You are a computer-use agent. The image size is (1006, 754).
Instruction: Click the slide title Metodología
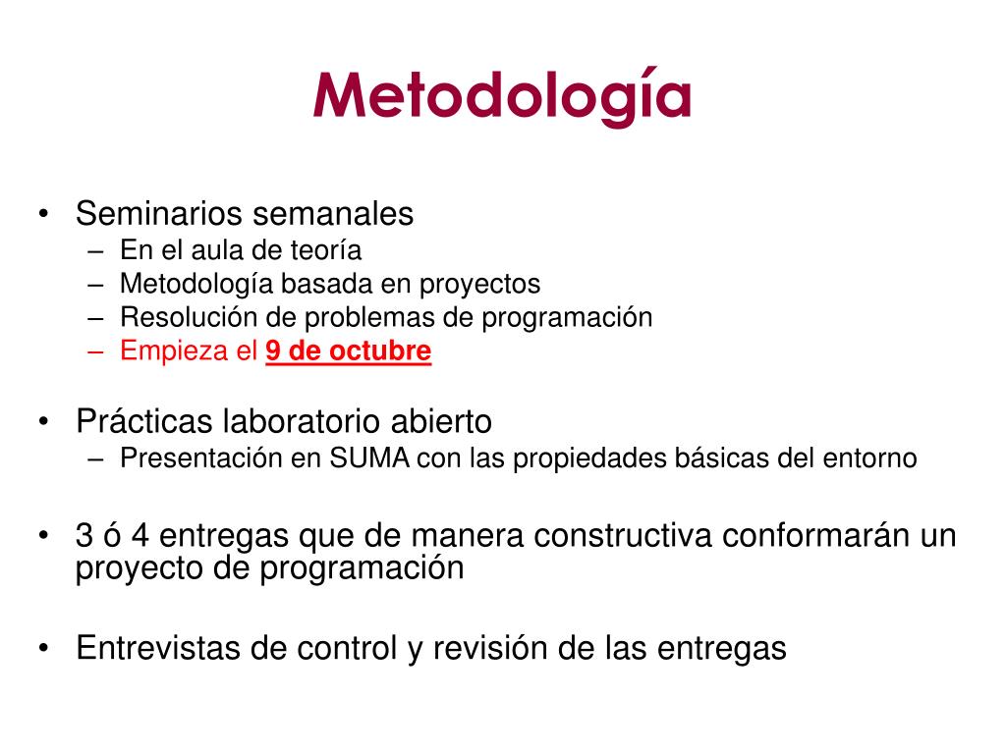tap(502, 97)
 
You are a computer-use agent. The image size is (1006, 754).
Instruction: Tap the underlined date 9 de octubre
tap(349, 351)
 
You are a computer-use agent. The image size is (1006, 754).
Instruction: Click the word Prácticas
tap(145, 422)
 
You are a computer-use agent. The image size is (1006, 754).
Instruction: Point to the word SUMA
tap(369, 458)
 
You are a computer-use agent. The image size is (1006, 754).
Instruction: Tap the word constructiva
tap(623, 535)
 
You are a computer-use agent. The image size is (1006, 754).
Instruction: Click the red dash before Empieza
tap(95, 351)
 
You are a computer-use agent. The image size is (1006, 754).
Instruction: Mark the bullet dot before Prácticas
tap(43, 422)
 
